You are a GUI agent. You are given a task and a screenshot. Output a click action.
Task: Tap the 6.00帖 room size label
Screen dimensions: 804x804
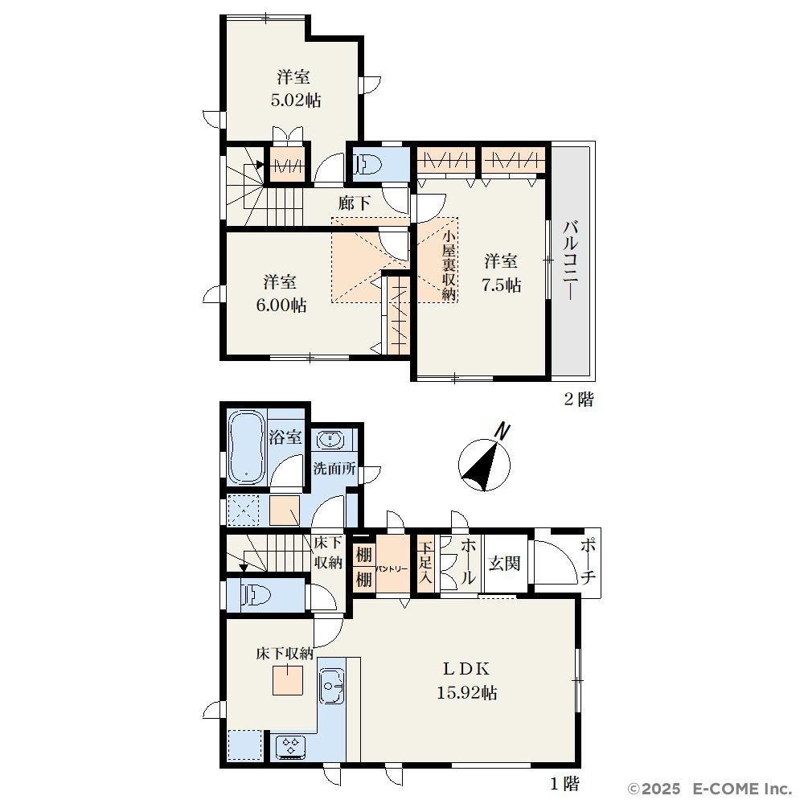pos(281,305)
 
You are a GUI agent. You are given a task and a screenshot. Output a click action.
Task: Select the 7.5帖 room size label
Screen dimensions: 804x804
pos(501,285)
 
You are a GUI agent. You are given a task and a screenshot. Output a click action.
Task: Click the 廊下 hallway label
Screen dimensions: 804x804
pos(354,203)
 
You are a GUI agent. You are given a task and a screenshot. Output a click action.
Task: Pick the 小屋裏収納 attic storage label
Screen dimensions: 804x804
pos(449,265)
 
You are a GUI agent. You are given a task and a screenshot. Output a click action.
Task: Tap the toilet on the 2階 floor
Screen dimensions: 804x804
pos(369,164)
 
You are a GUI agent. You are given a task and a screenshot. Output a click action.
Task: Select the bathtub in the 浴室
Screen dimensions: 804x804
pos(246,448)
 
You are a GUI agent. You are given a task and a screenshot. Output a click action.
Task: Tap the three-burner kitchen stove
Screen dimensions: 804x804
pos(290,746)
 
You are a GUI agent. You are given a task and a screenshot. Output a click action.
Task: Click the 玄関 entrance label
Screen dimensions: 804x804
pos(505,563)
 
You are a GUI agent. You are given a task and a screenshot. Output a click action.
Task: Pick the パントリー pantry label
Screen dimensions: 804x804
pos(392,568)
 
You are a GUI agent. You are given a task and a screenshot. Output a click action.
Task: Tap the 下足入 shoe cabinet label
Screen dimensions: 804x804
pos(426,563)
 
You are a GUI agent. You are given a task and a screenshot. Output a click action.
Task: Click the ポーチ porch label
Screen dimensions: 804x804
pos(589,562)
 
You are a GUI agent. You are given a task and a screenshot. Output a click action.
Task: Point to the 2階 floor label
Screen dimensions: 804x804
pos(579,399)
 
